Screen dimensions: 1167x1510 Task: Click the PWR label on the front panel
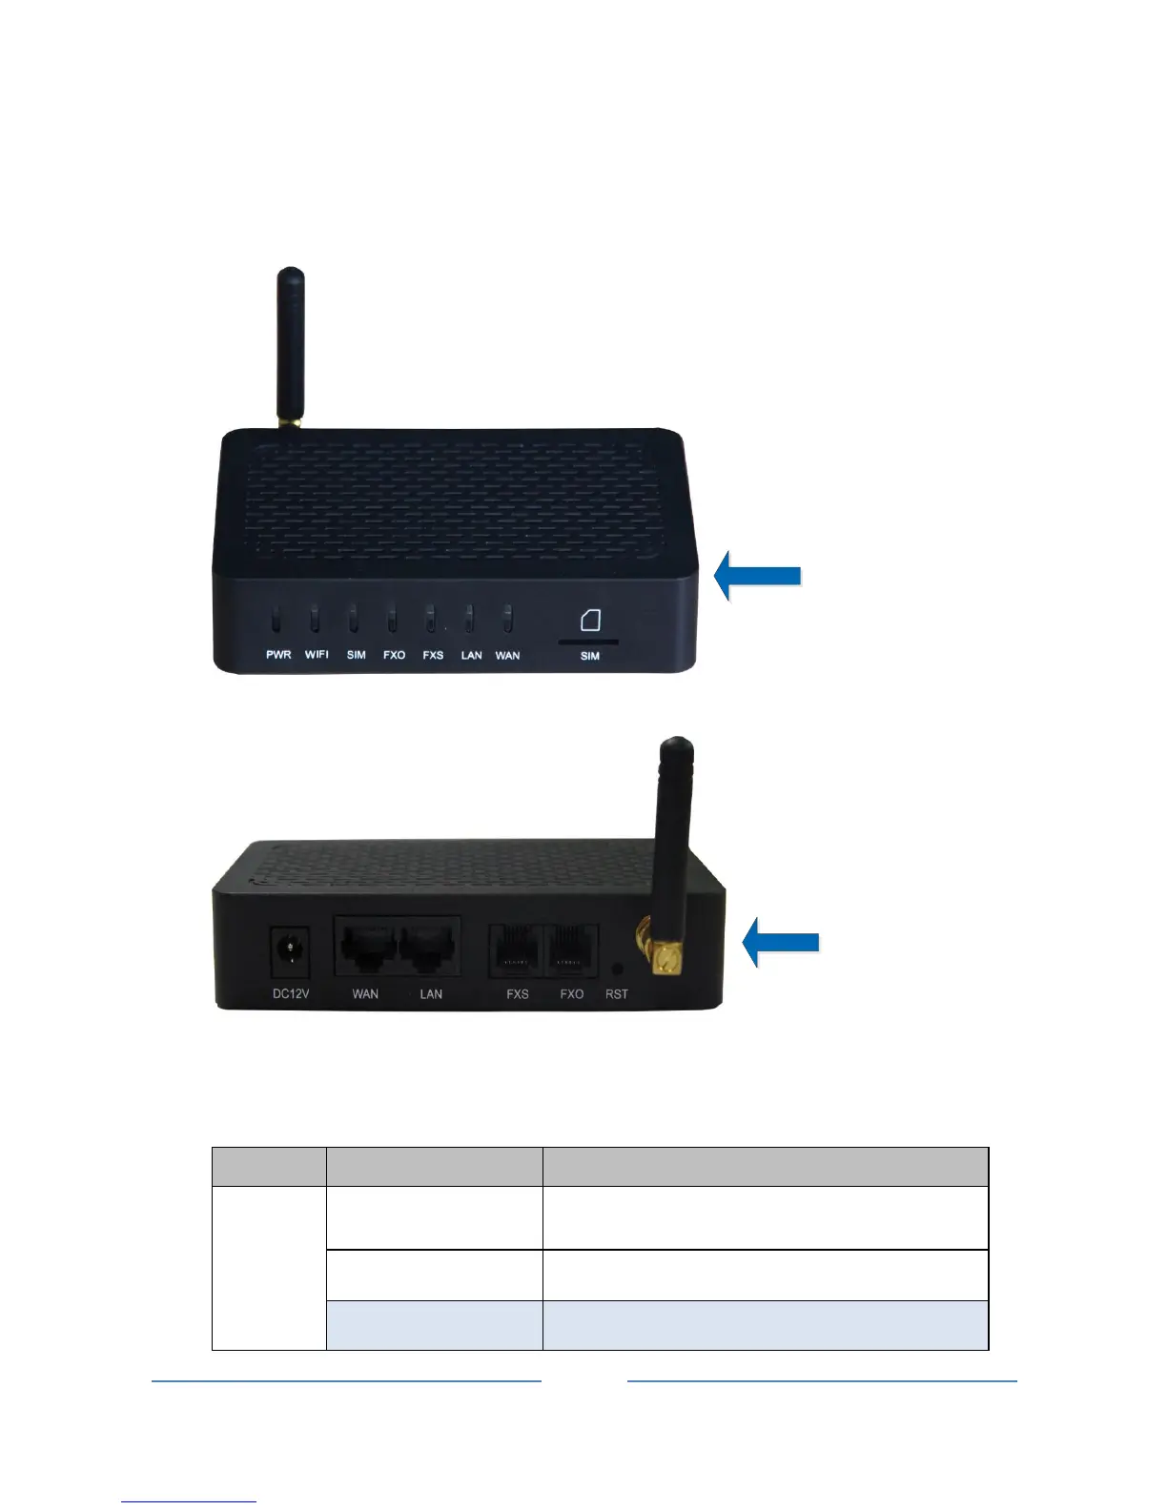point(278,655)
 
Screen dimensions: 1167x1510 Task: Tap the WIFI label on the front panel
point(317,655)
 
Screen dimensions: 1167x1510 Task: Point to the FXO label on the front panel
point(394,655)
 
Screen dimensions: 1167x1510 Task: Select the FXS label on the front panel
point(433,655)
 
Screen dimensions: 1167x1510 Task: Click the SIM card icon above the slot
point(590,621)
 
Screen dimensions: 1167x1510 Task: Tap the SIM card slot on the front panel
point(588,643)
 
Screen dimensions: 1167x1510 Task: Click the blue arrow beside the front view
point(758,574)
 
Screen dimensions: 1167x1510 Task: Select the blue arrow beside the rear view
point(781,942)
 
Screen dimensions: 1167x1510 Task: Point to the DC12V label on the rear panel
point(291,994)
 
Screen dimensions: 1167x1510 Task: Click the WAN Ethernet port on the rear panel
point(367,947)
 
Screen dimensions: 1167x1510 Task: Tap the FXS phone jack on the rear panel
point(517,950)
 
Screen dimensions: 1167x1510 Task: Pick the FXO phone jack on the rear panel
point(571,950)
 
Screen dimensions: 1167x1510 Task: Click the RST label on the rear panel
point(617,994)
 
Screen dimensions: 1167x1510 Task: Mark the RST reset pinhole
point(617,969)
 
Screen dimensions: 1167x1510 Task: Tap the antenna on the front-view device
point(290,348)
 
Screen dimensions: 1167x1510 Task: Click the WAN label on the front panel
point(507,655)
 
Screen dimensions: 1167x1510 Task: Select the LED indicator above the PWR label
point(276,621)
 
